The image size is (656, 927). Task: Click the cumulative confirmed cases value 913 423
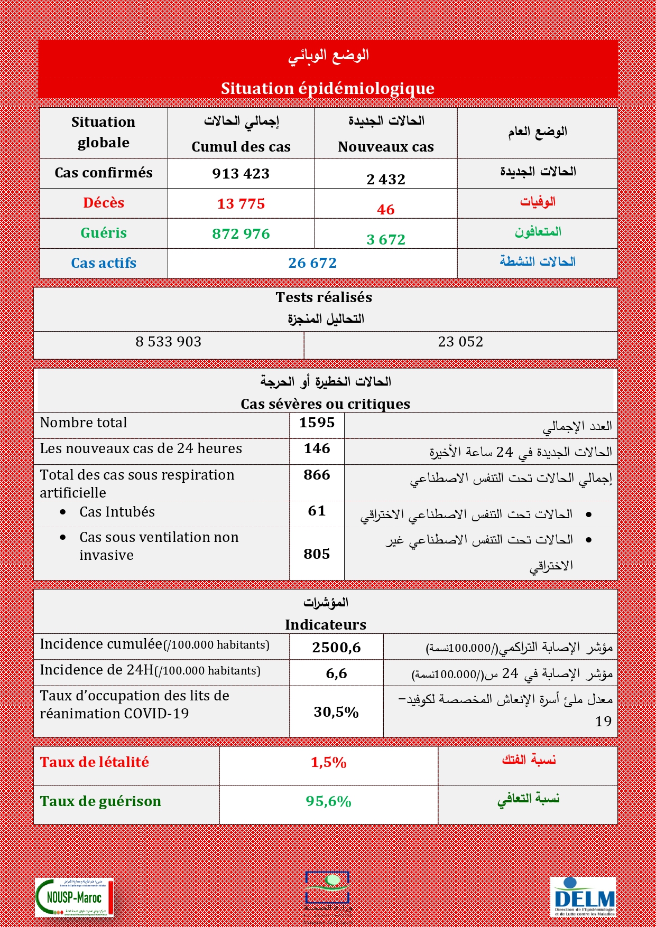(x=241, y=174)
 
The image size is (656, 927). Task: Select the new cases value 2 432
(x=386, y=180)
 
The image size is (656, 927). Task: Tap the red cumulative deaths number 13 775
(x=241, y=204)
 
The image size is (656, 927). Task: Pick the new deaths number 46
(x=386, y=210)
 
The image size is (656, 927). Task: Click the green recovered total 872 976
(x=241, y=234)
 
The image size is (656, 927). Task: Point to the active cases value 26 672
(x=312, y=263)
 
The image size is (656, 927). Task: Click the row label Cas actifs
(x=104, y=263)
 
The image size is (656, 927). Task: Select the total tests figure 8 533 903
(x=169, y=342)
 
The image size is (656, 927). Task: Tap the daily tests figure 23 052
(x=460, y=342)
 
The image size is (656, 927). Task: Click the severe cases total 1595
(x=317, y=423)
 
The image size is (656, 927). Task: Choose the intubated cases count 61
(x=317, y=511)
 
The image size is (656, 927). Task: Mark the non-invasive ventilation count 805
(x=317, y=554)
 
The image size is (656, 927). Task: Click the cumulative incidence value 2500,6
(x=336, y=648)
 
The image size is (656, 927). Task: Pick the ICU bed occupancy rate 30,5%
(x=336, y=712)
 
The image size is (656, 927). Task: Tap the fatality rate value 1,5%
(x=328, y=762)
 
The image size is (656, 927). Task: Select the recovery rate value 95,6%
(x=328, y=801)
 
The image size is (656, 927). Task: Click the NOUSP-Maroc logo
(x=74, y=897)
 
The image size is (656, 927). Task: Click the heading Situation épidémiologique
(x=328, y=88)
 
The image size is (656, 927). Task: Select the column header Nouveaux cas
(x=386, y=147)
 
